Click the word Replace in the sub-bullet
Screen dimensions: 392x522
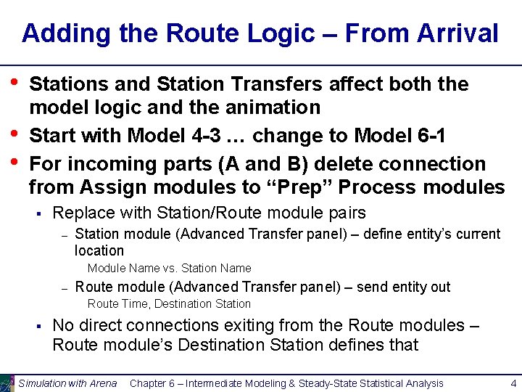[82, 213]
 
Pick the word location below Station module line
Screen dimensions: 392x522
[99, 250]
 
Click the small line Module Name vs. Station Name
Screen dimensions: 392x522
[169, 269]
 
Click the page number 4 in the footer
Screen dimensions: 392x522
[513, 383]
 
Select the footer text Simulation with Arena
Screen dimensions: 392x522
[67, 383]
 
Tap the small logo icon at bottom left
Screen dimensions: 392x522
[7, 383]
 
